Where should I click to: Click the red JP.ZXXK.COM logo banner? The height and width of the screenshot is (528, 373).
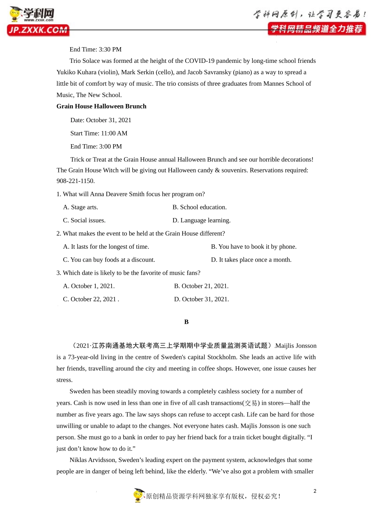coord(38,30)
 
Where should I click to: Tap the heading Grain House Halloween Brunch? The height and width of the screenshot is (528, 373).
coord(101,106)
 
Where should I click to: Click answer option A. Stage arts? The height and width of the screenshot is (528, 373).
coord(80,207)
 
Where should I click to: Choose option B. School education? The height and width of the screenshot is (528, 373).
coord(199,207)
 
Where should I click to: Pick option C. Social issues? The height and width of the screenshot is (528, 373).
coord(84,220)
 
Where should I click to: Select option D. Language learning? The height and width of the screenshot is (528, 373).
coord(201,220)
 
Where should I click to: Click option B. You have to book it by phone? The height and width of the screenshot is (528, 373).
coord(254,247)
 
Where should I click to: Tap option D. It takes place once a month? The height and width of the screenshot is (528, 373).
coord(251,260)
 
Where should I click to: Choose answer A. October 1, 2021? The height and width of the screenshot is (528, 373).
coord(89,286)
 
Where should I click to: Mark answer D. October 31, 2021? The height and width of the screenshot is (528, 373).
coord(201,299)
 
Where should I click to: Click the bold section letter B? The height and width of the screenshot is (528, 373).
coord(186,322)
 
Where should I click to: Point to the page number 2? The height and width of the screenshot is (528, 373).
coord(315,491)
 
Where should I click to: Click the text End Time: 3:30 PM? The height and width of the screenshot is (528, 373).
coord(95,49)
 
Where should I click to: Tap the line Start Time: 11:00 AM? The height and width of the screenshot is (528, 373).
coord(99,134)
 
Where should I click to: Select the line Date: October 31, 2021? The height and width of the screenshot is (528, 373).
coord(101,120)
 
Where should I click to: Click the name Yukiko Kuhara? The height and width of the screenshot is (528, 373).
coord(76,72)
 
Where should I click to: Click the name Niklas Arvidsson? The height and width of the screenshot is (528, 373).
coord(92,460)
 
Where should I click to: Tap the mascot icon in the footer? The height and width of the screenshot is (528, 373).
coord(139,495)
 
